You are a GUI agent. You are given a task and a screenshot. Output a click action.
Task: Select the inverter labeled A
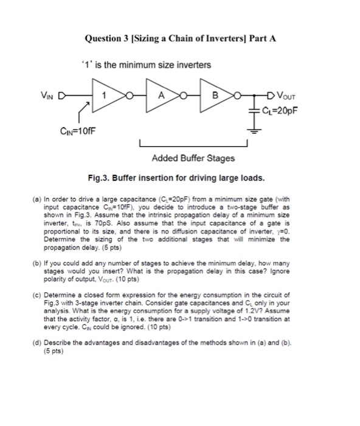161,95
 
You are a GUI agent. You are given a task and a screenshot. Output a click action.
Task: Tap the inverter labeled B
213,95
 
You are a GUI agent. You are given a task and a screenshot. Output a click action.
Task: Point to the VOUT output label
289,94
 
